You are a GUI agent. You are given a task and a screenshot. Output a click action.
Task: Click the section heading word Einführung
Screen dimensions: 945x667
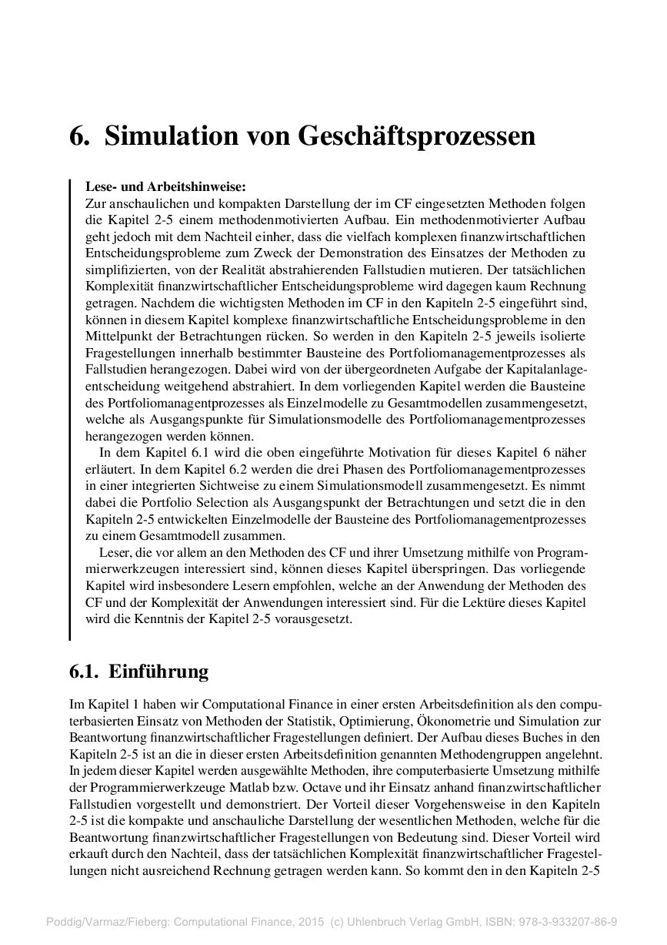pyautogui.click(x=158, y=672)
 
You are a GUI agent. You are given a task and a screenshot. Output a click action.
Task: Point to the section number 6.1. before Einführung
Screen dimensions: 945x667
pyautogui.click(x=84, y=672)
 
